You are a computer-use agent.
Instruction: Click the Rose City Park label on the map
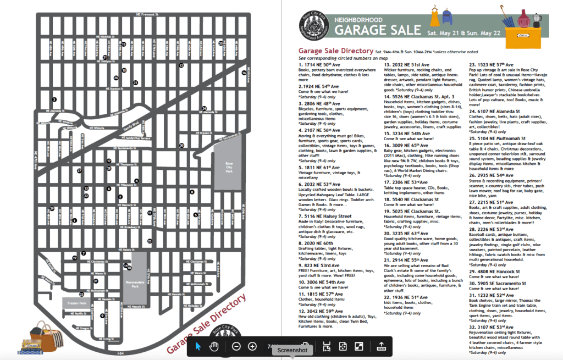pos(229,168)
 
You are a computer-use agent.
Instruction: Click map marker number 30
pos(181,145)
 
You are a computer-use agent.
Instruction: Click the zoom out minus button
pos(236,346)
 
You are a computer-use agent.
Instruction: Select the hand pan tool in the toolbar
pos(214,346)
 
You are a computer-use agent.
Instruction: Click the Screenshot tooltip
pos(292,350)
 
